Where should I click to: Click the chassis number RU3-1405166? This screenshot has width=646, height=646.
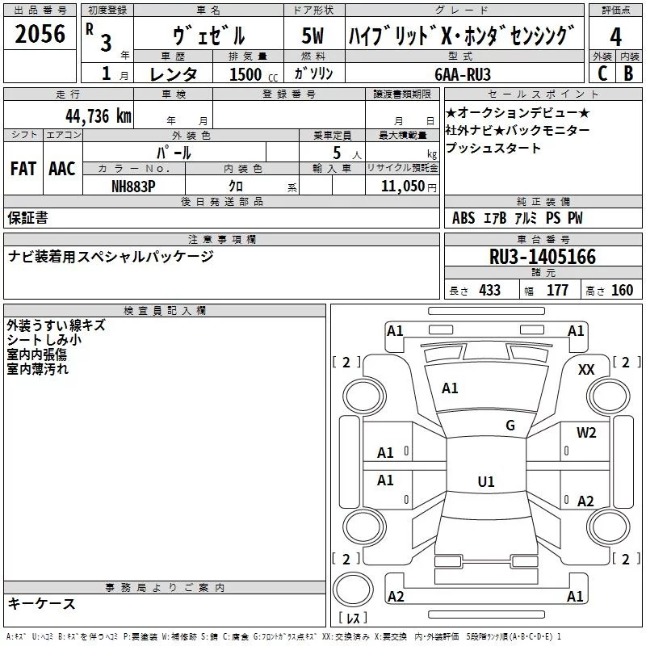[542, 257]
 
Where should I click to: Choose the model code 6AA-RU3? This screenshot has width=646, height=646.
[461, 73]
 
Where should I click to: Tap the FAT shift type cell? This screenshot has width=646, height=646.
[23, 169]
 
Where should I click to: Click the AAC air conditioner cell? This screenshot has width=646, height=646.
[62, 169]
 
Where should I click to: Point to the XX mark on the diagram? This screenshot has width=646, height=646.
[586, 369]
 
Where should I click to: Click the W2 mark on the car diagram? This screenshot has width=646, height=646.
[586, 433]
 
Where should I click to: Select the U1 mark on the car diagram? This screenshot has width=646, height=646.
[485, 482]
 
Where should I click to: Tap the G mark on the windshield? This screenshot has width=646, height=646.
[510, 426]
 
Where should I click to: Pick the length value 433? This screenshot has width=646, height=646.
[489, 290]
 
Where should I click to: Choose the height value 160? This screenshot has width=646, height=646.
[622, 290]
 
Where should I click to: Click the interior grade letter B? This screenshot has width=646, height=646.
[628, 73]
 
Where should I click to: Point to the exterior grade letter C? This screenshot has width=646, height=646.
[602, 73]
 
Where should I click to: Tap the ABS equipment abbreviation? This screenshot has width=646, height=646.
[464, 218]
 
